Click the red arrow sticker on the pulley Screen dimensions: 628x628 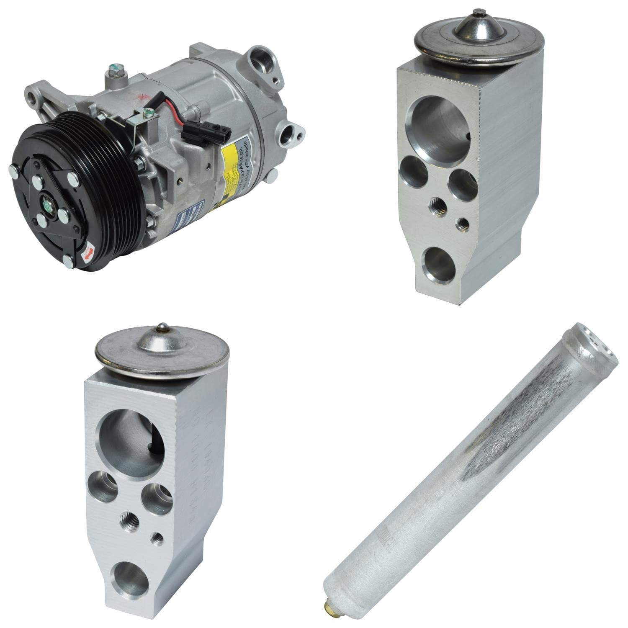click(x=88, y=254)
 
